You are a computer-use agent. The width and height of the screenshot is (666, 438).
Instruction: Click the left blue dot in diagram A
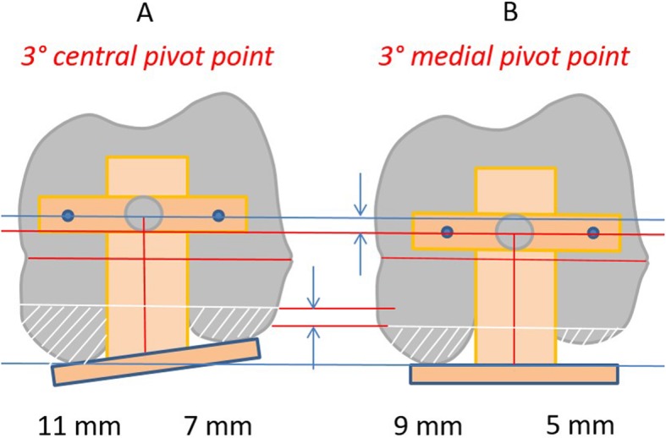point(68,216)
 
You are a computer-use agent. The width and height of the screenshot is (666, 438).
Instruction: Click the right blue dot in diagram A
point(218,216)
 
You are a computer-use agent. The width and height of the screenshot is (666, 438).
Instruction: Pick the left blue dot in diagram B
point(447,232)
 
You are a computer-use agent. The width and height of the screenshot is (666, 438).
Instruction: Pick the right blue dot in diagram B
point(592,232)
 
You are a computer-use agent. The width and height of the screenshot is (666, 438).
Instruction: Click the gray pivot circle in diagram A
point(143,214)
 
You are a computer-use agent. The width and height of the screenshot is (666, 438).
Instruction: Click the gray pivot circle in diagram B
point(513,230)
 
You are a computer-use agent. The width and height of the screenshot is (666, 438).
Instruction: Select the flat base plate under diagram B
point(514,374)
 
